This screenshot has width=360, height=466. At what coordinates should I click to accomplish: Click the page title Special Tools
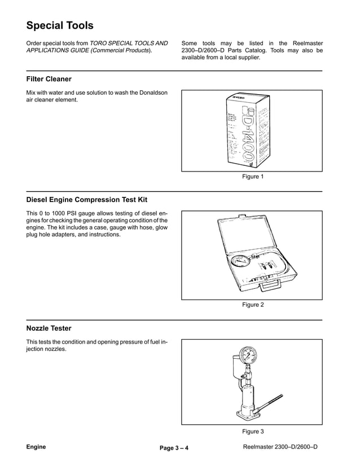tap(60, 25)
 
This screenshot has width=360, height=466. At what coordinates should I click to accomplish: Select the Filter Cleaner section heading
tap(49, 79)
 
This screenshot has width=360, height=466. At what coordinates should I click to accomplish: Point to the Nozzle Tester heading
tap(49, 328)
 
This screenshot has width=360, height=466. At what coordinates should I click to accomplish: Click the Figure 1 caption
tap(253, 177)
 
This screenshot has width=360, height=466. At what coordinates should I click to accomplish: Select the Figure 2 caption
tap(253, 305)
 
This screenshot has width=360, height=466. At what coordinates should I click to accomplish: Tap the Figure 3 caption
tap(253, 432)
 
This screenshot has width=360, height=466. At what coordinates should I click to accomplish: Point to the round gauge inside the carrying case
tap(239, 262)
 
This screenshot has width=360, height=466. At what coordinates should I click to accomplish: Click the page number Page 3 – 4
tap(174, 449)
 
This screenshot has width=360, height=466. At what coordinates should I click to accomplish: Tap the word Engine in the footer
tap(36, 447)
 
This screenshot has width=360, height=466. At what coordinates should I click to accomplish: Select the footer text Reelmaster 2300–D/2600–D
tap(279, 447)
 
